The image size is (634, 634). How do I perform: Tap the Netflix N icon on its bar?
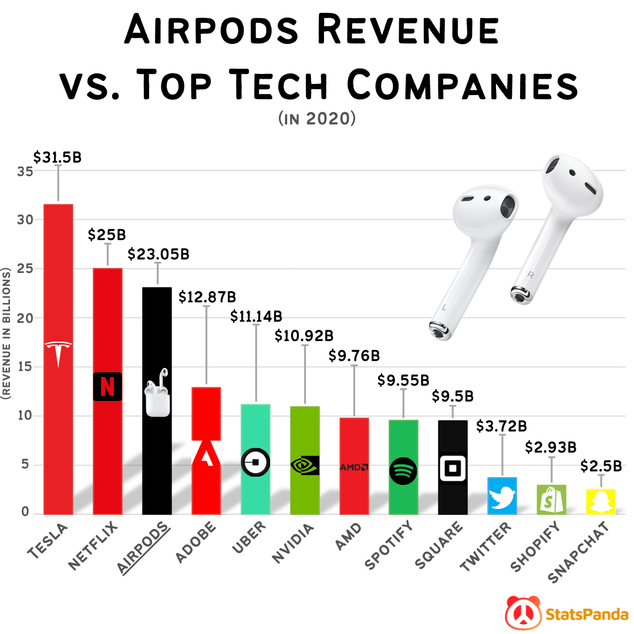click(107, 387)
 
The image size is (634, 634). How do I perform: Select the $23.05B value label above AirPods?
click(158, 254)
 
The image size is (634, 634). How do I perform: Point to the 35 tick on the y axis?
click(24, 171)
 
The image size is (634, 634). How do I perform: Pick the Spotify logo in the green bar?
click(403, 470)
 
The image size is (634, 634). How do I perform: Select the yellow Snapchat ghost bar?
click(601, 502)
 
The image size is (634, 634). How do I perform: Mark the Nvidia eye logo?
click(305, 465)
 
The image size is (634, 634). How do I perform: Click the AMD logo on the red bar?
click(354, 467)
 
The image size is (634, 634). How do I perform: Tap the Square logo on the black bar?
click(453, 468)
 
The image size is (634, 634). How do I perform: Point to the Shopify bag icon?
click(551, 499)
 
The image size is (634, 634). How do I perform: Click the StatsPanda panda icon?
click(522, 613)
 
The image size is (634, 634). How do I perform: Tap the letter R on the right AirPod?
click(531, 274)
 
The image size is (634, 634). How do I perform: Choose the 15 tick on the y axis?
click(24, 367)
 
